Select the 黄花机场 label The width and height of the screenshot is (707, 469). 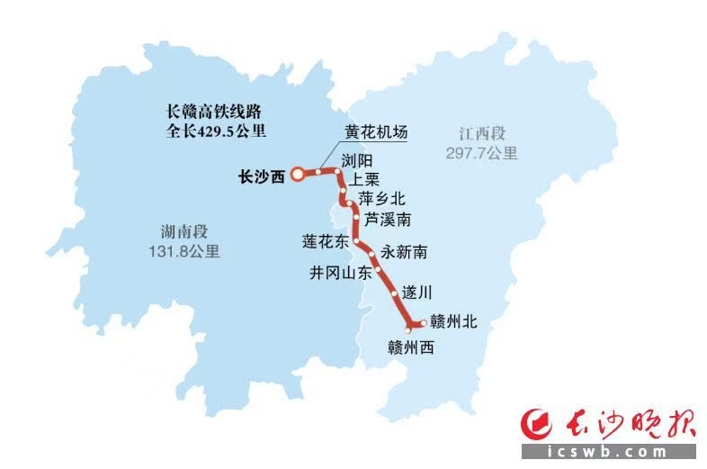coord(377,132)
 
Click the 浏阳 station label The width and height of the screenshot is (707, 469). coord(357,159)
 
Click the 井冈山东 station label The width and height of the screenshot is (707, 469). coord(340,274)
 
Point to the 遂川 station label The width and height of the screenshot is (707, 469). coord(417,293)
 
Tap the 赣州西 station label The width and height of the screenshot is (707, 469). coord(411,347)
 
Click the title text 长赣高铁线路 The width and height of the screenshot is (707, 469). coord(212,112)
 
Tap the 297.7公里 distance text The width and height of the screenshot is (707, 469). coord(481,153)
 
